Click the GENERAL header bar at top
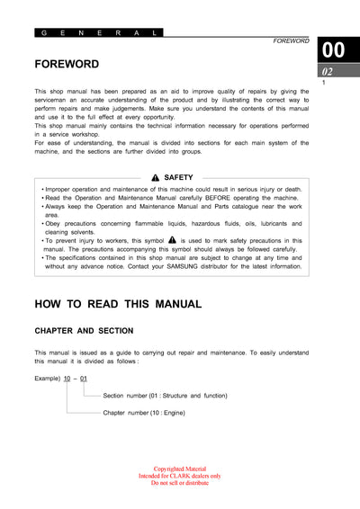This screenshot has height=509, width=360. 99,32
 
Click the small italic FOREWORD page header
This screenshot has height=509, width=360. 291,41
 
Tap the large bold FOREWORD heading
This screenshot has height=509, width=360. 67,65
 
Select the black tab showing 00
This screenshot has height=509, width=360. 333,50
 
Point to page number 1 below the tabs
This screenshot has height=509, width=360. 323,84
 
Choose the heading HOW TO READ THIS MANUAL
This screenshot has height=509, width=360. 118,304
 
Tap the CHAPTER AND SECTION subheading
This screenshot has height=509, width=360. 84,331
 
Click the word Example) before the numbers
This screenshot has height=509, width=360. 48,379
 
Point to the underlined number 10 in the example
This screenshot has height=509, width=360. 67,379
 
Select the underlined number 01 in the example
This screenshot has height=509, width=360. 84,379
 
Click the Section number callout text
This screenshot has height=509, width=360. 165,396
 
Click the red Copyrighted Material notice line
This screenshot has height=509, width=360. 180,469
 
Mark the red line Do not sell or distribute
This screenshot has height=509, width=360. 180,483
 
